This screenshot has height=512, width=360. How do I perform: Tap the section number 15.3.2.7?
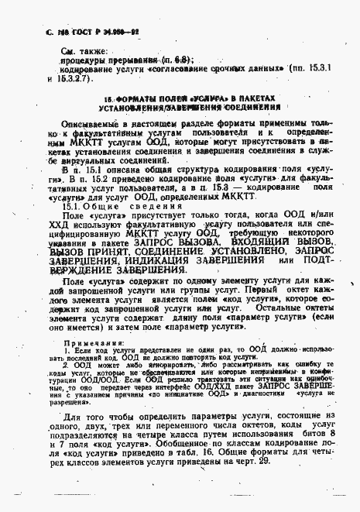point(75,79)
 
